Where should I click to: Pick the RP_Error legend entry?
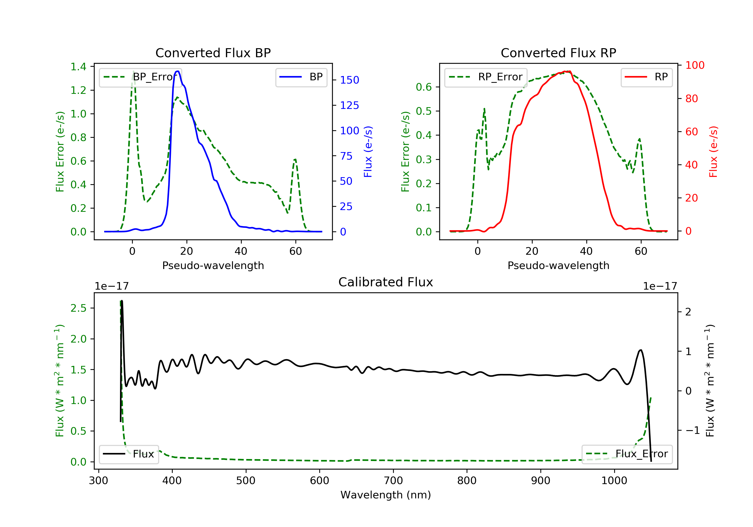click(485, 77)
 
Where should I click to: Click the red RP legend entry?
click(646, 77)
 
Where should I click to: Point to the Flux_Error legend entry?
click(626, 454)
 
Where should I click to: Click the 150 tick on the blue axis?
click(349, 80)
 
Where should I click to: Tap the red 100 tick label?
click(695, 65)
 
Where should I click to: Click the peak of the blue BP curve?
click(177, 71)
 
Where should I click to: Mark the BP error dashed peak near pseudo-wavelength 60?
click(295, 160)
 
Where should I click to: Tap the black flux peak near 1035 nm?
click(641, 350)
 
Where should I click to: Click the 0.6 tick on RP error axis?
click(424, 87)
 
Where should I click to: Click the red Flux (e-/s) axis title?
click(713, 152)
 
